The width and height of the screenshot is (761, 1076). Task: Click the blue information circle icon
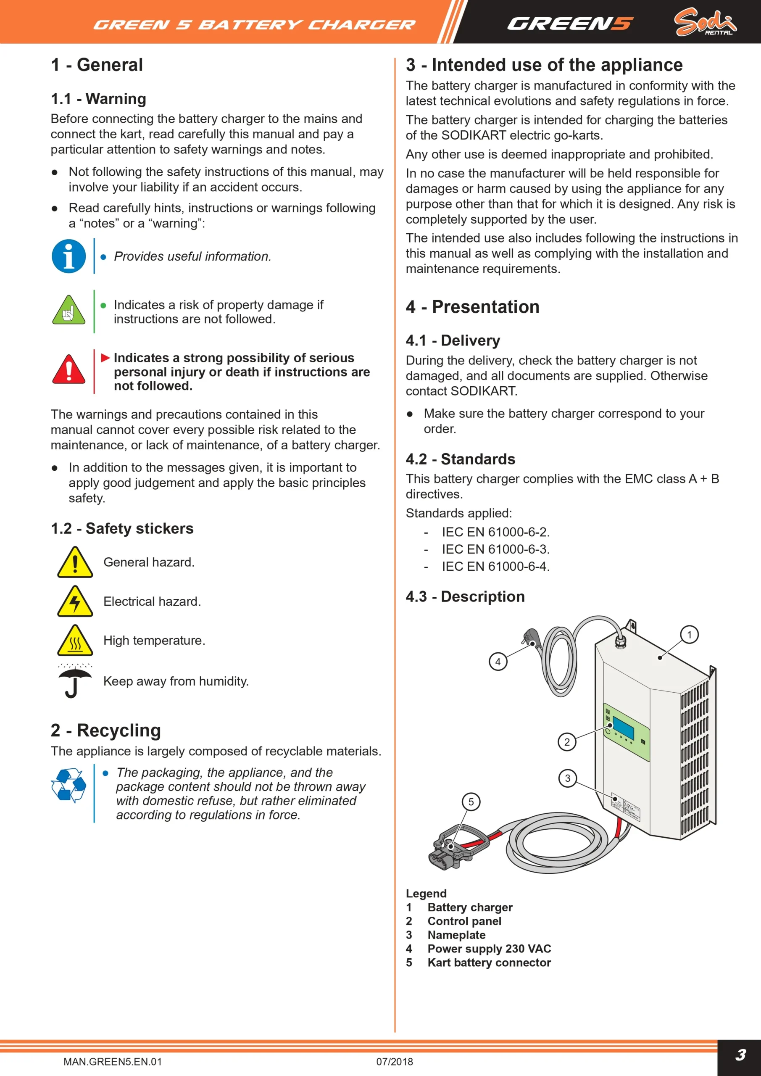click(69, 256)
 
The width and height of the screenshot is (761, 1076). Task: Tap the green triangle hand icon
click(69, 310)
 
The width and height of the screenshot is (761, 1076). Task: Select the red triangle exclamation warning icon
click(69, 369)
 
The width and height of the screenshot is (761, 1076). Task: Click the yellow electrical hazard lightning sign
click(75, 601)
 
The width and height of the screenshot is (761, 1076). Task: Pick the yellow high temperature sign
click(75, 640)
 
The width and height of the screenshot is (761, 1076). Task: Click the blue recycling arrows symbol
click(68, 786)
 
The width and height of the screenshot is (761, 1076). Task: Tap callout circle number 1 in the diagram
click(689, 635)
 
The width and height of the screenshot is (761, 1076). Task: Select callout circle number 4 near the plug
click(498, 662)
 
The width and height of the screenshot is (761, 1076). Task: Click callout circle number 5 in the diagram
click(471, 802)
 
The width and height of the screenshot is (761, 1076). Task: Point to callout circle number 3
click(567, 778)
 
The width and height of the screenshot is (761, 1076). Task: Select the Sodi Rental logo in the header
click(705, 22)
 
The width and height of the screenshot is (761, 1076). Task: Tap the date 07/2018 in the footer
click(395, 1061)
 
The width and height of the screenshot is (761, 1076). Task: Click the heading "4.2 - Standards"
click(461, 459)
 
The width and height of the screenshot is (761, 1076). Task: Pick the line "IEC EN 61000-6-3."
click(496, 549)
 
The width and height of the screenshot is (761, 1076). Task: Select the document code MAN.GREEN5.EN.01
click(113, 1061)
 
